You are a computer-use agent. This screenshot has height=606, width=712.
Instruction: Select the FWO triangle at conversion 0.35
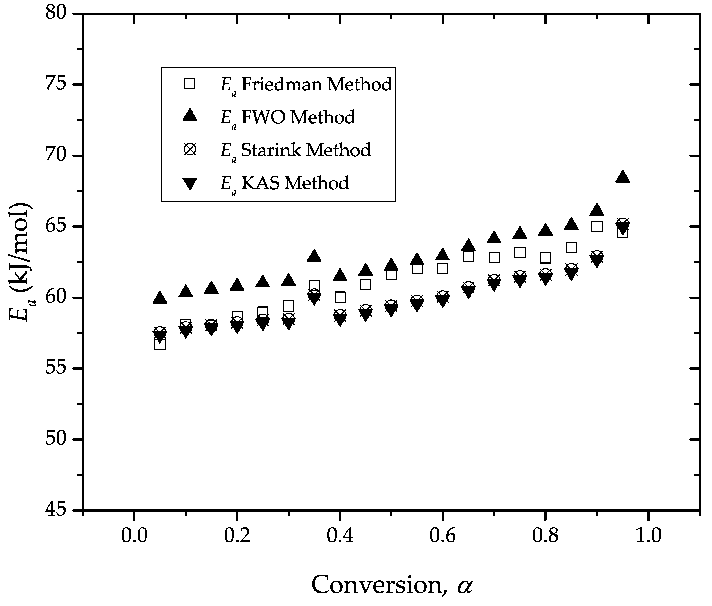tap(314, 256)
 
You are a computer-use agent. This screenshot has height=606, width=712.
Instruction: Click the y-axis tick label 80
tap(56, 14)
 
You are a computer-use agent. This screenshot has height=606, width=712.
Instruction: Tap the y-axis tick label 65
tap(56, 226)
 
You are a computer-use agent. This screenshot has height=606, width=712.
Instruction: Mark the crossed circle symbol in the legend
tap(190, 150)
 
